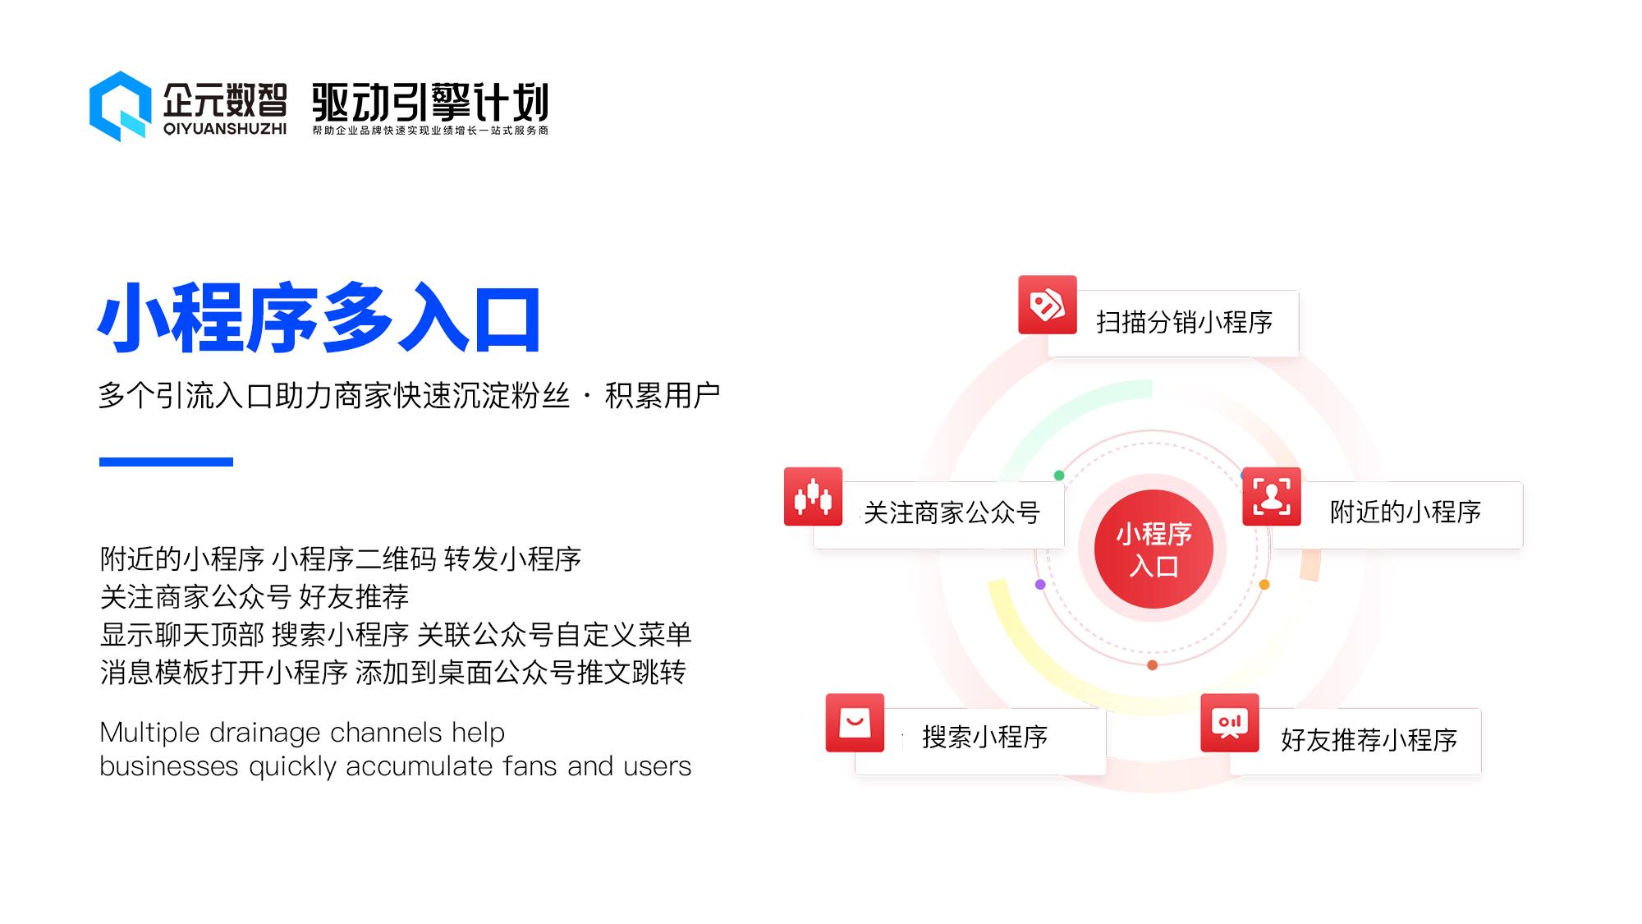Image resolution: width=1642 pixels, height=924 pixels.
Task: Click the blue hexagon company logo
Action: (121, 106)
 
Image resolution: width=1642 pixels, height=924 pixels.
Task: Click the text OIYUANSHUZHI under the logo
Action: (225, 129)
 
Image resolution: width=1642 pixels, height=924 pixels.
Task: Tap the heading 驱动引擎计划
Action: (430, 103)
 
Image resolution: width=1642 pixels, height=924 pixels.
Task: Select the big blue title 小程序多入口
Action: (319, 318)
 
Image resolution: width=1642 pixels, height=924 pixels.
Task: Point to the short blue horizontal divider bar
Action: (166, 462)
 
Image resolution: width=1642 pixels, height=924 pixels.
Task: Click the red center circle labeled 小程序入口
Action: (1154, 549)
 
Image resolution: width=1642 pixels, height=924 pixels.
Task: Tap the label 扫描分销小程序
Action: (1184, 322)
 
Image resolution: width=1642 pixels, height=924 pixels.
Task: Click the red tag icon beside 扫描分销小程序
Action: (1048, 305)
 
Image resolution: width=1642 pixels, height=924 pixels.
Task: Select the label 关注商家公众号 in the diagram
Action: (952, 513)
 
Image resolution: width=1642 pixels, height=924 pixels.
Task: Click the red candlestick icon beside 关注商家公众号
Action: (814, 496)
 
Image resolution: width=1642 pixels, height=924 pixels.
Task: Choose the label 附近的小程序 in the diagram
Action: (1406, 512)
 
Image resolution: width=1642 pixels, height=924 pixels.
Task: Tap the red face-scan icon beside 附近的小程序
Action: (1272, 496)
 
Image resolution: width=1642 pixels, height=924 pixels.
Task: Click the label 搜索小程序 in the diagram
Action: (985, 737)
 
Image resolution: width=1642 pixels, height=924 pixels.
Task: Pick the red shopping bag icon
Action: (855, 723)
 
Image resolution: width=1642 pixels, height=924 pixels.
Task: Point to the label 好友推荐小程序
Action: (1369, 739)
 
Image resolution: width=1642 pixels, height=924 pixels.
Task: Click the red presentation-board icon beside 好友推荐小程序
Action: (1230, 723)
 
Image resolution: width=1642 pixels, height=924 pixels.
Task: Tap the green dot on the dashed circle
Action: (1059, 475)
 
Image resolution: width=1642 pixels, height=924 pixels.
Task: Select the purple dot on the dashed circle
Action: (1040, 584)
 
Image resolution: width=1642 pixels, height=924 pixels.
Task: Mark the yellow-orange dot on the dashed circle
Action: (1264, 584)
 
